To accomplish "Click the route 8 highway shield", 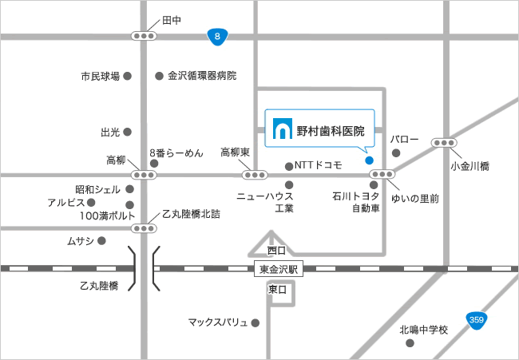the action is (x=217, y=36).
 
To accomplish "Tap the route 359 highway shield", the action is (x=477, y=320).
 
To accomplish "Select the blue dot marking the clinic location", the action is (x=369, y=160).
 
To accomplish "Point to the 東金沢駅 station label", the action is (x=279, y=269).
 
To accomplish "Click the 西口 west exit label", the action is (x=276, y=250).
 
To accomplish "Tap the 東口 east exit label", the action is (x=277, y=289).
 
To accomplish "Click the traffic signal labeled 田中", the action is (x=144, y=36).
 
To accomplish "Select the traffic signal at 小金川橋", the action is (x=444, y=143).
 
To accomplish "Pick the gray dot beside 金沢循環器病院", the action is (x=158, y=76).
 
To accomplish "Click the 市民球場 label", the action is (x=100, y=77).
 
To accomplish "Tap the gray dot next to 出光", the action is (x=127, y=132).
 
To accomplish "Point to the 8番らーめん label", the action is (x=176, y=152).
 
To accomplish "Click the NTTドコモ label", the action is (x=319, y=165).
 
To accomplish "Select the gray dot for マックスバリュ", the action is (x=256, y=323).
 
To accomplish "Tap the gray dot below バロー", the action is (x=396, y=153).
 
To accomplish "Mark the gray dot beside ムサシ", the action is (x=101, y=240).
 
